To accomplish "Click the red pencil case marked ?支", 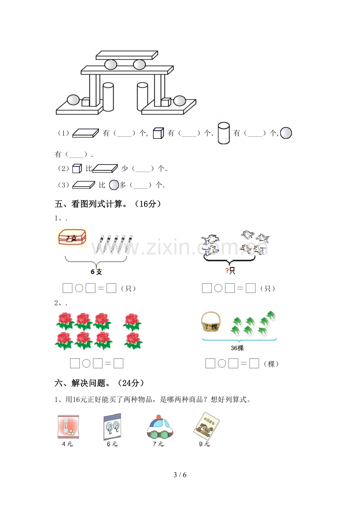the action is click(72, 237).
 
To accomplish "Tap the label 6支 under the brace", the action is click(96, 272).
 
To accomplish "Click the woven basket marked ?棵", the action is click(211, 321).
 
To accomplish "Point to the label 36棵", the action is click(237, 348).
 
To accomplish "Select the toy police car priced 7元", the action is click(160, 427).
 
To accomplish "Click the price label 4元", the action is click(67, 444).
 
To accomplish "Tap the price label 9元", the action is click(204, 444).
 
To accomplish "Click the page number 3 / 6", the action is click(180, 475).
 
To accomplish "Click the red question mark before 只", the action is click(227, 271).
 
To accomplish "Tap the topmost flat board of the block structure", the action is click(127, 55).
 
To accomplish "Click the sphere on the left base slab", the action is click(73, 100).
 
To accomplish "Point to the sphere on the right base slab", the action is click(180, 100).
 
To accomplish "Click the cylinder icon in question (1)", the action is click(223, 133).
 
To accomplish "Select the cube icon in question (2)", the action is click(77, 168).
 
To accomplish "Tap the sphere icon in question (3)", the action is click(114, 185).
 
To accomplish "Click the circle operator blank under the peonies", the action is click(86, 363).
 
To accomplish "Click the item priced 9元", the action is click(206, 426).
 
